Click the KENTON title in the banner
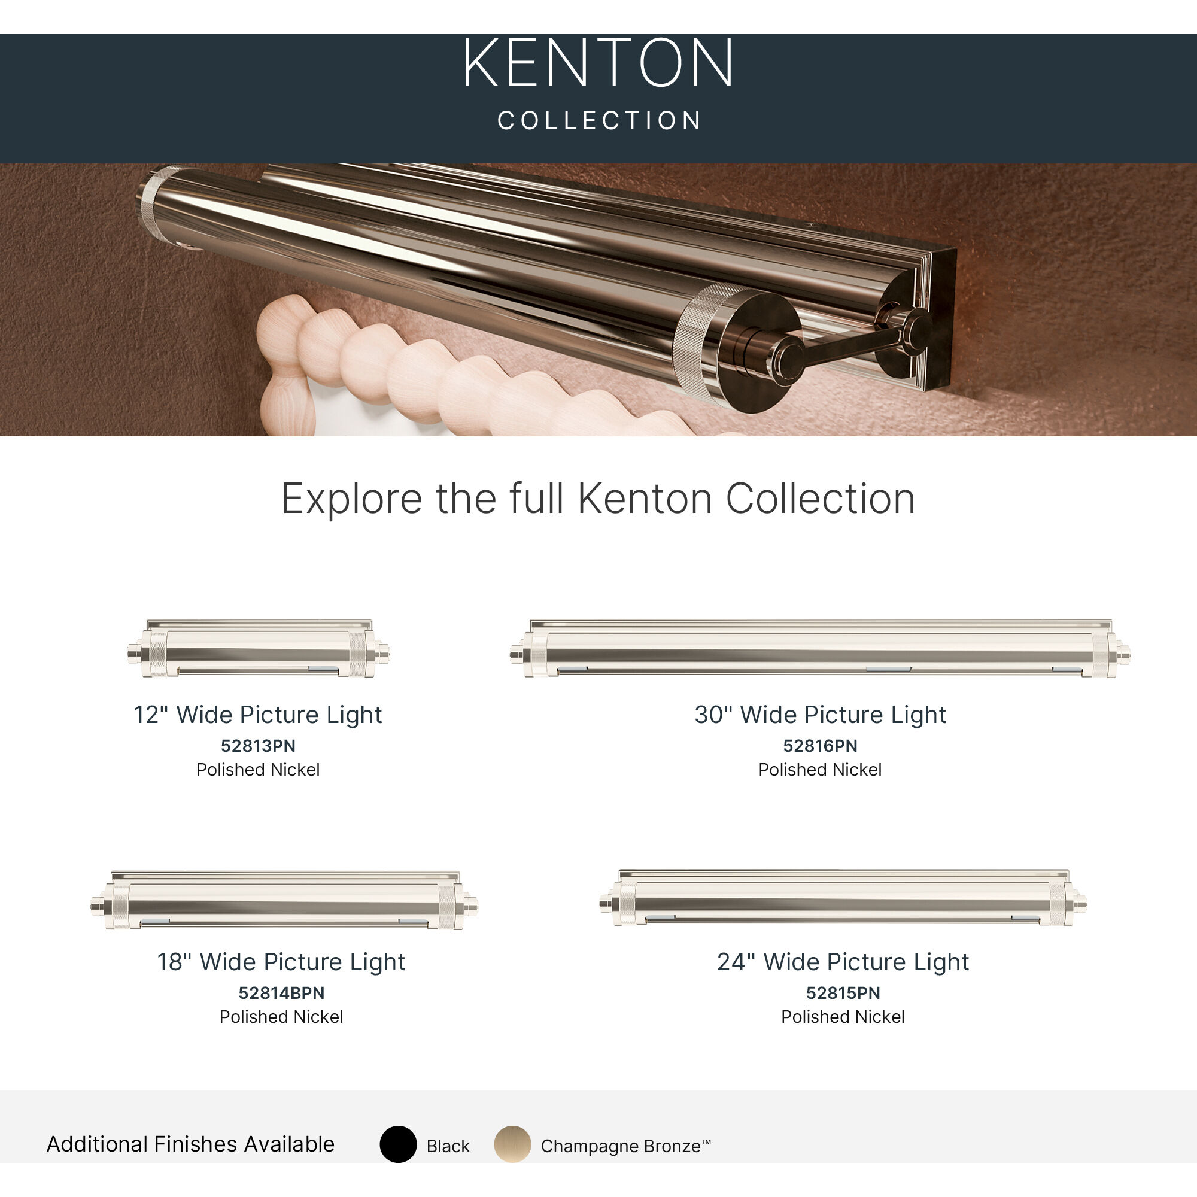(598, 63)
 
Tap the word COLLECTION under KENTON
(599, 121)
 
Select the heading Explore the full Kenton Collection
(598, 499)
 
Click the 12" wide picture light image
(259, 649)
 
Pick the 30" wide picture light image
(820, 649)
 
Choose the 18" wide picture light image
(284, 900)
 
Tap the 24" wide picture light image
(843, 898)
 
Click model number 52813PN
(259, 746)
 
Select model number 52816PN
(820, 746)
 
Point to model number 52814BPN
(281, 993)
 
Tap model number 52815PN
(843, 993)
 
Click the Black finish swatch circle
(398, 1144)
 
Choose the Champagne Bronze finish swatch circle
(512, 1144)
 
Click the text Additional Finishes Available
(191, 1144)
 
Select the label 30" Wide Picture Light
(820, 715)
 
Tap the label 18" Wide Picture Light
(281, 962)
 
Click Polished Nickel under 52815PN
(843, 1017)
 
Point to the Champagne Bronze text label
(626, 1146)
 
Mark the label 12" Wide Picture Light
(259, 715)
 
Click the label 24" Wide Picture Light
(843, 962)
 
